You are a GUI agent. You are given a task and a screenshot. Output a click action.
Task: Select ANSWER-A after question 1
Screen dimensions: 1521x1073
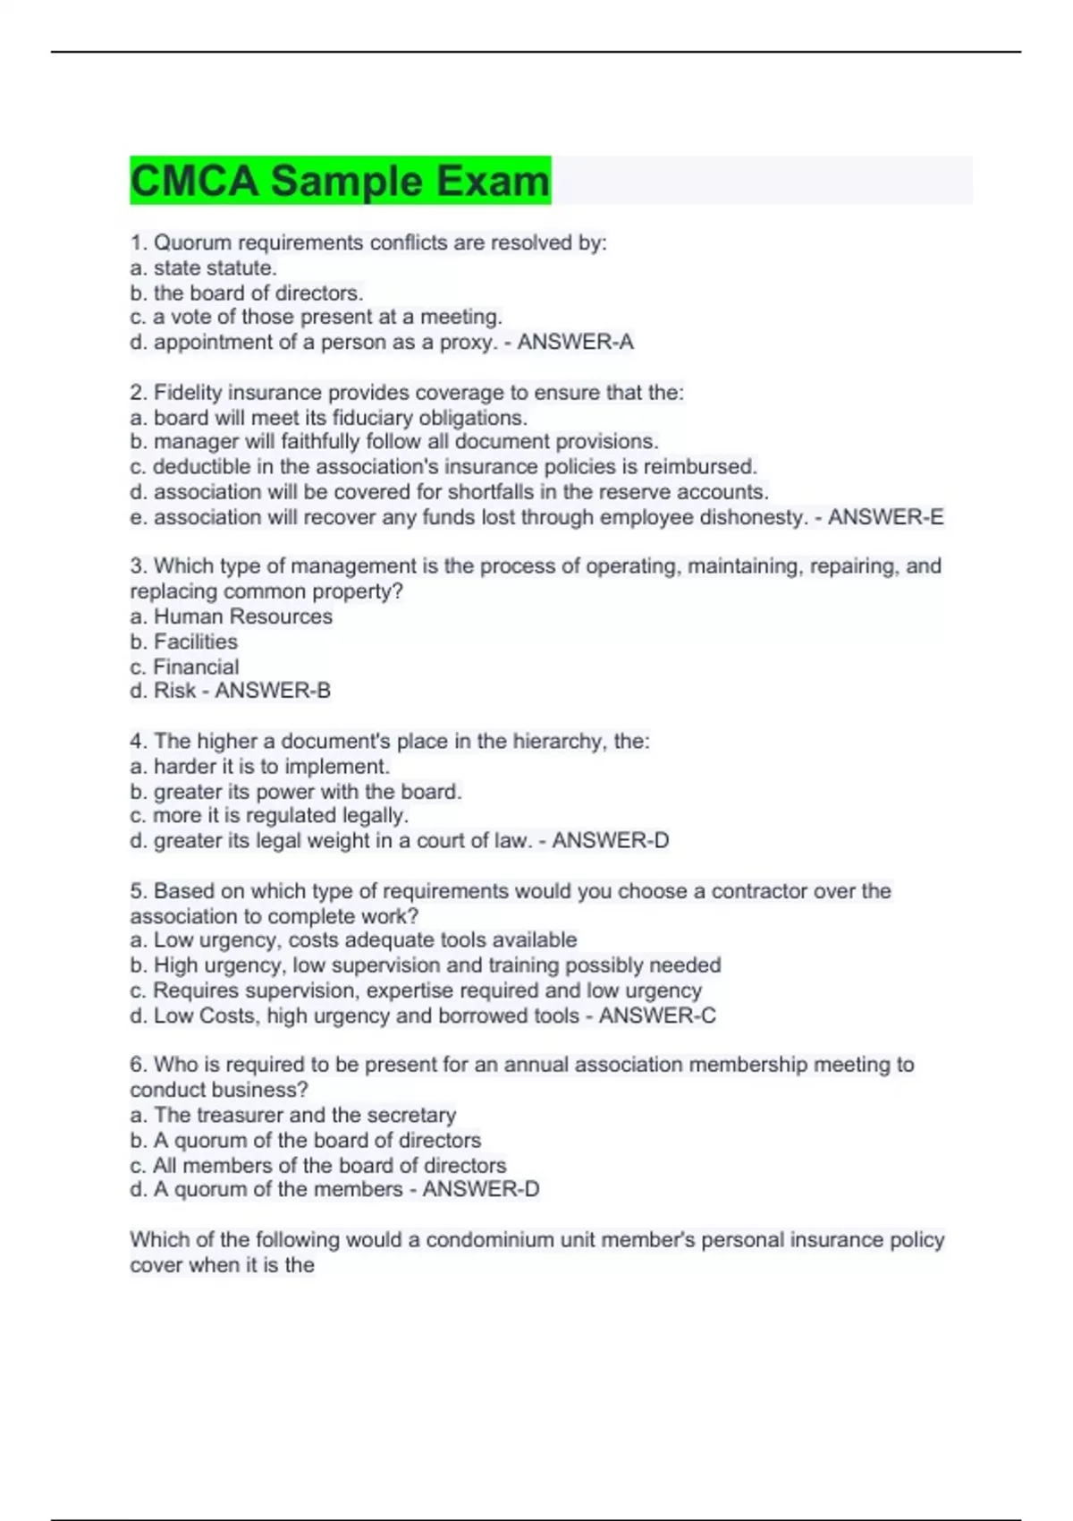pos(575,342)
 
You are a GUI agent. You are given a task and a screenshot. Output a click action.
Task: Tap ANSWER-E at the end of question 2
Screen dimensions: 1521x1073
pos(885,517)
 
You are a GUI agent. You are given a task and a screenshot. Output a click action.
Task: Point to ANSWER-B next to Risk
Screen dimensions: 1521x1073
pos(273,691)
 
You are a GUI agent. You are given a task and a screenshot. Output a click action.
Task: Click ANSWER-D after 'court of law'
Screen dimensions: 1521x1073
pos(611,840)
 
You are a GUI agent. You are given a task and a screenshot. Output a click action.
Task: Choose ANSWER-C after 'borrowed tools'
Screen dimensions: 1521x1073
pos(657,1015)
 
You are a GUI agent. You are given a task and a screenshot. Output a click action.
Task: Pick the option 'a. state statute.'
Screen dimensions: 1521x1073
pos(203,268)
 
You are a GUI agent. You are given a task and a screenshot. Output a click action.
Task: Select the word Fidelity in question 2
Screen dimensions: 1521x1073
pos(188,392)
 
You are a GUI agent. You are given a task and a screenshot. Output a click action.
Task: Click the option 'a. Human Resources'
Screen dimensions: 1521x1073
pos(231,616)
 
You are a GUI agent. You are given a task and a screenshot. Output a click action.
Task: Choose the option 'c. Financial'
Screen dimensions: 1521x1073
pos(184,667)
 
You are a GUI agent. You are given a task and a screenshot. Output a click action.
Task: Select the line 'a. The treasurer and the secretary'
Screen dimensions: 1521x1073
pos(292,1115)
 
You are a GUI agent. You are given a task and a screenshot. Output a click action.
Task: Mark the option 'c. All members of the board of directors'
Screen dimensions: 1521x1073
pos(317,1165)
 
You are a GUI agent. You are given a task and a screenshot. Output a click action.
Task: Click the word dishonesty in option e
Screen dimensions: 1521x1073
pos(759,517)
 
